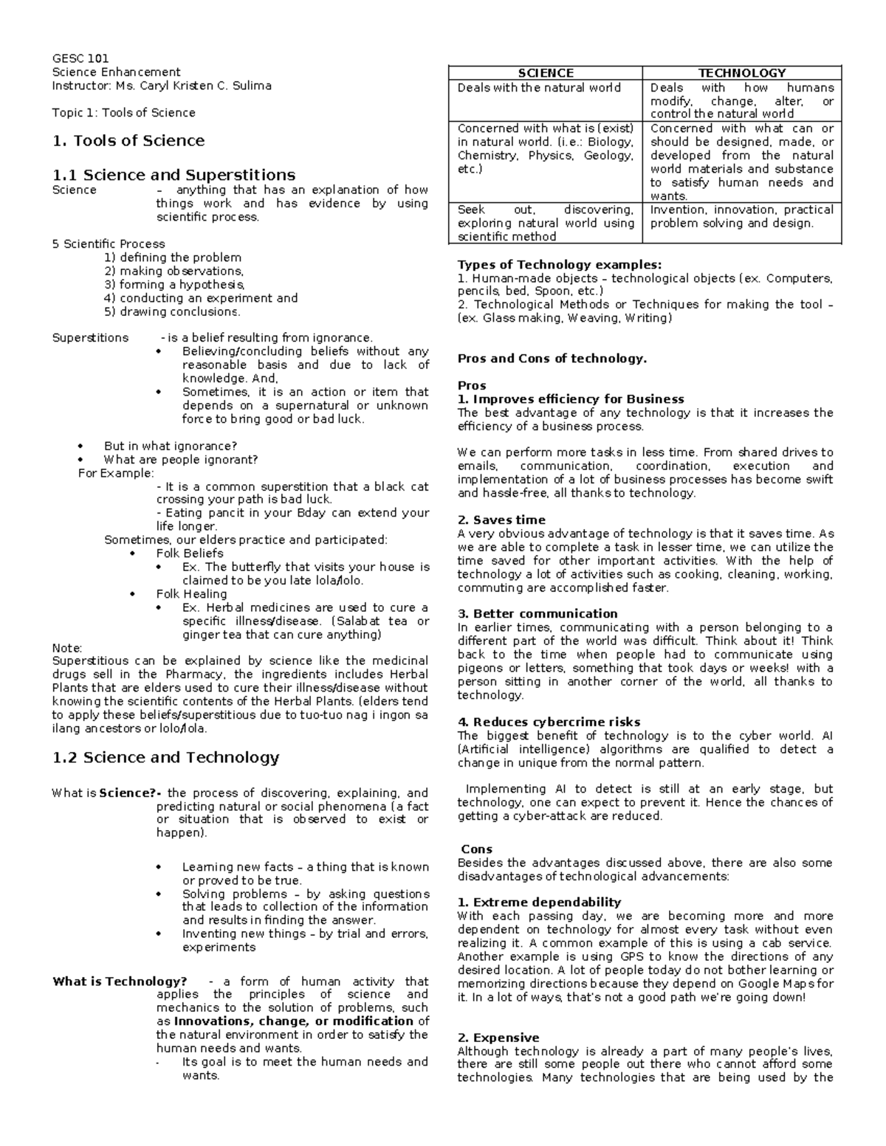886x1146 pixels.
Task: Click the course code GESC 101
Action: (80, 58)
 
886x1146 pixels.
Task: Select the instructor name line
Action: (162, 86)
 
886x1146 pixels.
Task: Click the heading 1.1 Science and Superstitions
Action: (174, 175)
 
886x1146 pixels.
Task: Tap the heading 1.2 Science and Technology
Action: (166, 757)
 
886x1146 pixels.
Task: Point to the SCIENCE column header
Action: (546, 73)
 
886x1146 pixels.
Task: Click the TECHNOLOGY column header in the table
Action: (741, 73)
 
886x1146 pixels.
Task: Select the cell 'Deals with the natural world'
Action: (539, 88)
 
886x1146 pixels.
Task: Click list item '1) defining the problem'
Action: (173, 258)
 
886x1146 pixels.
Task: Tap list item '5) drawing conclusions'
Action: (172, 311)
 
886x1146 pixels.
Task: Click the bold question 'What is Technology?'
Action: (120, 981)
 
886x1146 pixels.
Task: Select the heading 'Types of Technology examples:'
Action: (560, 265)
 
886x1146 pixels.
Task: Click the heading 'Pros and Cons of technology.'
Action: (552, 359)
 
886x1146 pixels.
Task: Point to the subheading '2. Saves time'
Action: (501, 520)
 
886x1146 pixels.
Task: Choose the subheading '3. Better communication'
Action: (538, 614)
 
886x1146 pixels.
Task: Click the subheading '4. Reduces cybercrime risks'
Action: (549, 722)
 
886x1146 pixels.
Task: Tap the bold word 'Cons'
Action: (476, 849)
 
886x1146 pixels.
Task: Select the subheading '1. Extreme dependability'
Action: (539, 902)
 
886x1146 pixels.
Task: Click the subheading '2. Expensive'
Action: (498, 1038)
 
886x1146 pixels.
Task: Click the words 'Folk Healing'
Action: (191, 594)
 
